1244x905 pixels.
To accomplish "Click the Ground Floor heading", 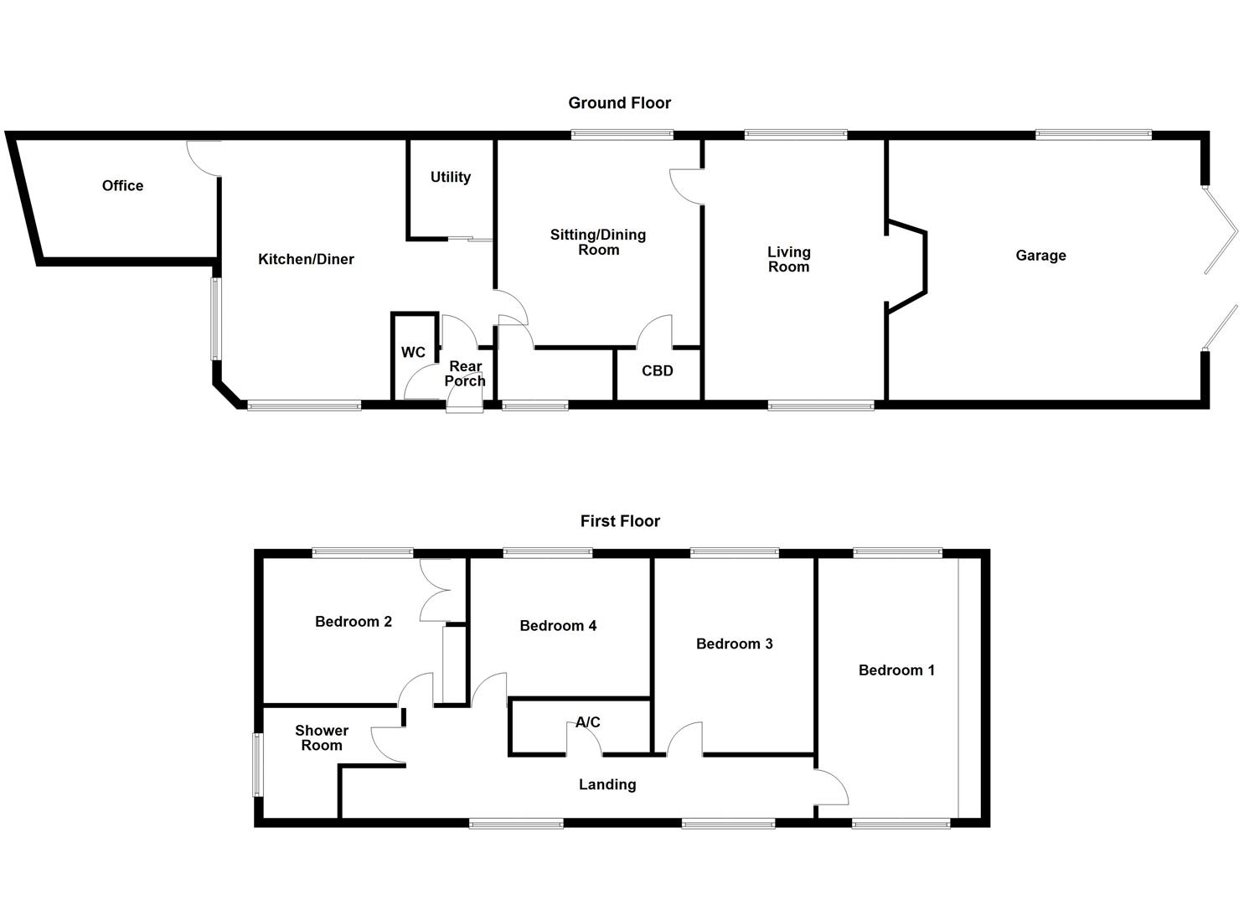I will pyautogui.click(x=619, y=103).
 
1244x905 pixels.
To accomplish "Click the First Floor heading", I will pyautogui.click(x=620, y=521).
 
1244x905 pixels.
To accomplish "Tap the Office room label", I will pyautogui.click(x=122, y=186).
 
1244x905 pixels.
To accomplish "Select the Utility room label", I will pyautogui.click(x=450, y=177).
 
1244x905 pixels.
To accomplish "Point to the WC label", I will pyautogui.click(x=412, y=352).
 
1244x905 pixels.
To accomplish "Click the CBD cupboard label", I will pyautogui.click(x=657, y=370).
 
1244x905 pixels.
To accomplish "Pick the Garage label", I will pyautogui.click(x=1040, y=256).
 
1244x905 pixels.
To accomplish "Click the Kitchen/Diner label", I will pyautogui.click(x=306, y=260).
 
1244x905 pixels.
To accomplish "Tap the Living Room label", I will pyautogui.click(x=788, y=259).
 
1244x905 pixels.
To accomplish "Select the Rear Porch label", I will pyautogui.click(x=465, y=374).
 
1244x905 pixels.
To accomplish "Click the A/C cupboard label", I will pyautogui.click(x=587, y=722).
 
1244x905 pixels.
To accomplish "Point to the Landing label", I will pyautogui.click(x=607, y=785).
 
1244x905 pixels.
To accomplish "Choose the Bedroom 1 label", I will pyautogui.click(x=896, y=670).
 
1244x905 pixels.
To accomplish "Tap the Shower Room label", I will pyautogui.click(x=322, y=738).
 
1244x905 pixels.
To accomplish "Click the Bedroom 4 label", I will pyautogui.click(x=558, y=626).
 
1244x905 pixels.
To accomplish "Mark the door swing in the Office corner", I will pyautogui.click(x=204, y=157).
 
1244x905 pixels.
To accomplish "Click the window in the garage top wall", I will pyautogui.click(x=1093, y=134).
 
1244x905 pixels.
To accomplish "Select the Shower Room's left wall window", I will pyautogui.click(x=258, y=764).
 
